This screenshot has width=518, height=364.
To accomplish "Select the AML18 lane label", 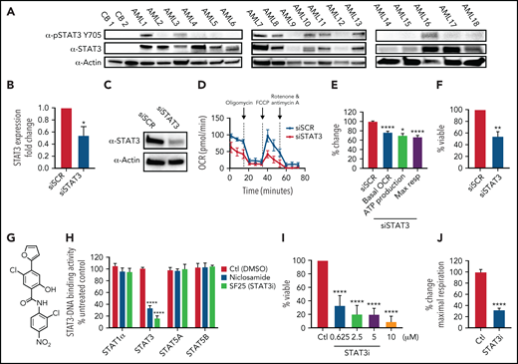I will tap(476, 20).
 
